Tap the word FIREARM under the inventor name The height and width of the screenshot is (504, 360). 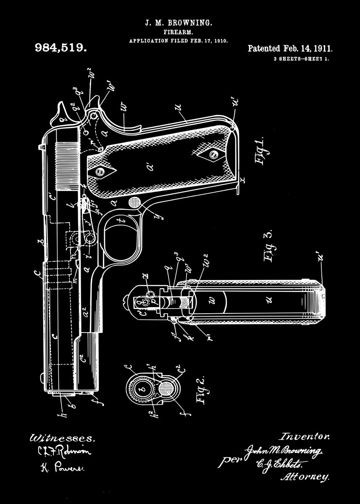click(179, 32)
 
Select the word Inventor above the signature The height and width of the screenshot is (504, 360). click(305, 437)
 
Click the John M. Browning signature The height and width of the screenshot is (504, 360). click(285, 451)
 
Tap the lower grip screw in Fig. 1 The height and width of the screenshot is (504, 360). click(213, 155)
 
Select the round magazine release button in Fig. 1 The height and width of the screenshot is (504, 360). click(134, 202)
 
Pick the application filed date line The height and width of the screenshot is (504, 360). click(179, 41)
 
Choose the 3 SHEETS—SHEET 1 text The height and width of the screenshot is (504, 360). click(301, 59)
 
